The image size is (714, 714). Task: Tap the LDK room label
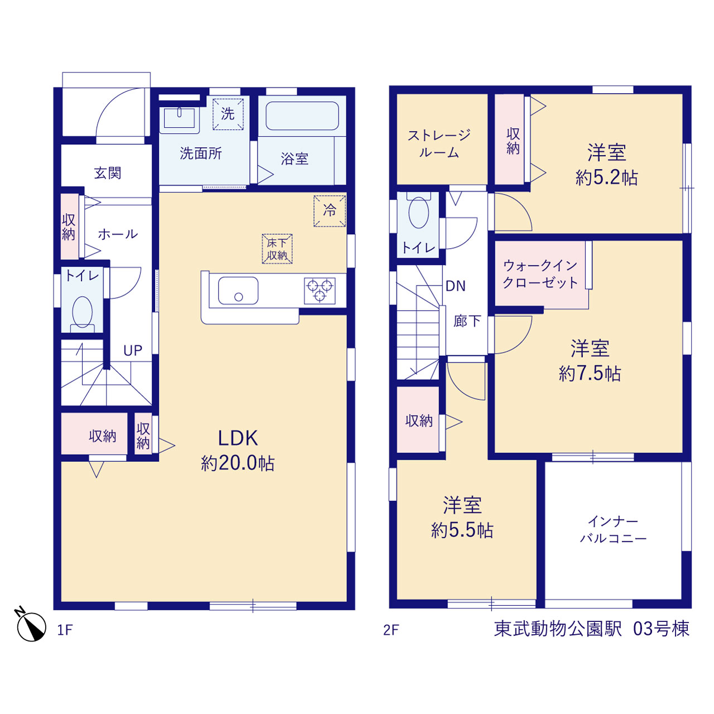(238, 438)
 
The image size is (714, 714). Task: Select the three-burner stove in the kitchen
(320, 291)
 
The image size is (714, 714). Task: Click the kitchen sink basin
(238, 291)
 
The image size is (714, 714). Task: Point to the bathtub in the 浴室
(302, 115)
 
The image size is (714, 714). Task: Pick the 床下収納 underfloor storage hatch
(277, 249)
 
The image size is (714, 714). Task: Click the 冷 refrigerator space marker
(330, 211)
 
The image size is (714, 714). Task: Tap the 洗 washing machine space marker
(228, 114)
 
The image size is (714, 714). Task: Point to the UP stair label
(133, 350)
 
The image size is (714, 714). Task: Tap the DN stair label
(455, 286)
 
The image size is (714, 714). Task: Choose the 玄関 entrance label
(108, 173)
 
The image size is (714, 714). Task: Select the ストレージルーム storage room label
(439, 144)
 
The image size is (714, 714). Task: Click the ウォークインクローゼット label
(540, 274)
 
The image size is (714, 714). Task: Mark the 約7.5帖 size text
(590, 374)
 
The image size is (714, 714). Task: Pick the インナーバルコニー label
(613, 530)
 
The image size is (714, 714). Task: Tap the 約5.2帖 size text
(606, 178)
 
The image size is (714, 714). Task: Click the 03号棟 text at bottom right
(662, 629)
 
